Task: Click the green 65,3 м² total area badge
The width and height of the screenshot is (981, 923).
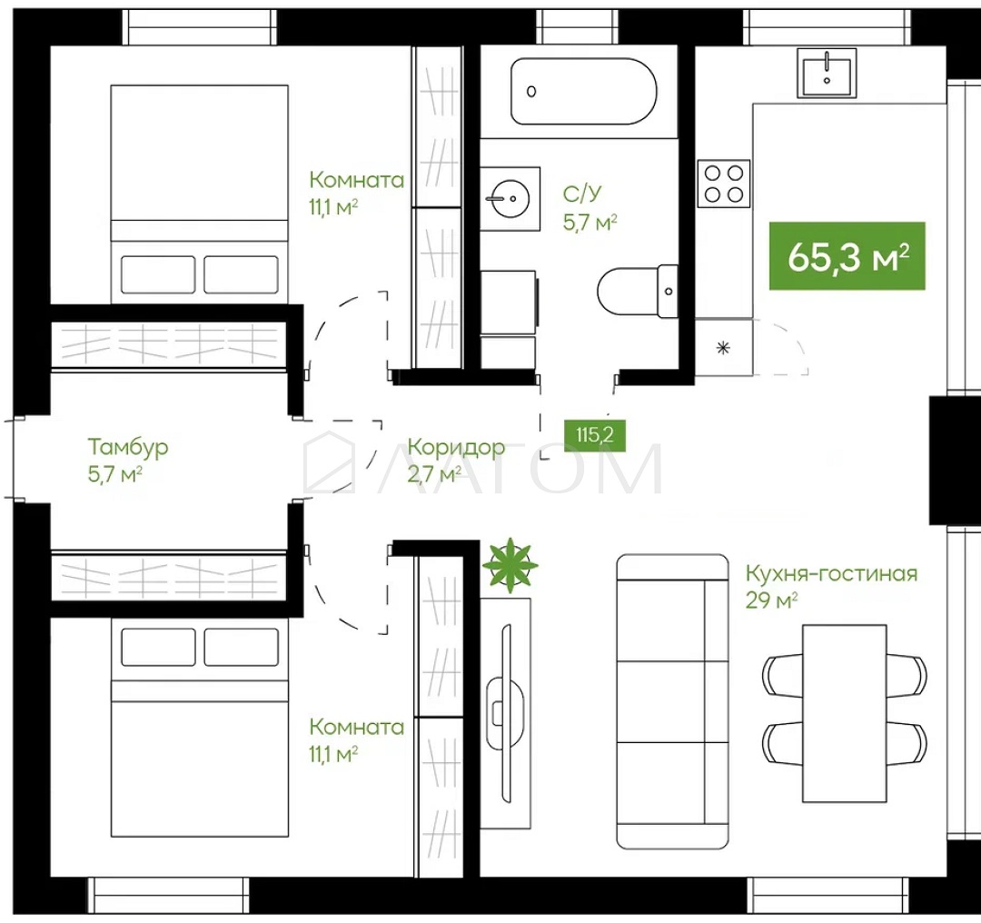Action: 847,256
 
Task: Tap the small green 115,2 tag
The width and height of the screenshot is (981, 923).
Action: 594,434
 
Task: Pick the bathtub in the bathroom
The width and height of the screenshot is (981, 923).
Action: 584,92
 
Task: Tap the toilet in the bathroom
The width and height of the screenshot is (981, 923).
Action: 638,291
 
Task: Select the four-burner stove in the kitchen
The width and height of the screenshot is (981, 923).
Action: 724,184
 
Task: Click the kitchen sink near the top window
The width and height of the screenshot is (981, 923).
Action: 827,74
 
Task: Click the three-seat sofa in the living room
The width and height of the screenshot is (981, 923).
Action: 672,700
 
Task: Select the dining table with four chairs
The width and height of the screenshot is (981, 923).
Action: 845,713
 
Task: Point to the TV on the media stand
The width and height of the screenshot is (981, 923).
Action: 506,713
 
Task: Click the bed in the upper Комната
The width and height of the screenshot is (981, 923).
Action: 200,194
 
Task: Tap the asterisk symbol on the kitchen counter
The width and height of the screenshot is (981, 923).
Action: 723,348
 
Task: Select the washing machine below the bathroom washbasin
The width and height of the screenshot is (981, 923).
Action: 509,302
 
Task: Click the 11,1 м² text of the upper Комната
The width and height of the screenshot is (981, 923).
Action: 333,207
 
